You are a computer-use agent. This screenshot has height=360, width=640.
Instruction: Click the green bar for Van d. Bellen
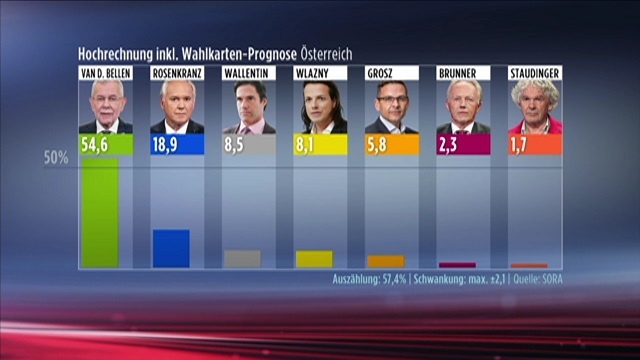tap(100, 213)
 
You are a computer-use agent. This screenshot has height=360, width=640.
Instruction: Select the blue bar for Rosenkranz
tap(171, 249)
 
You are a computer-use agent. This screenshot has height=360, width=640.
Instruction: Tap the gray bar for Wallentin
tap(242, 259)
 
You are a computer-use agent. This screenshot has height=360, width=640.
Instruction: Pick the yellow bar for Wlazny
tap(314, 259)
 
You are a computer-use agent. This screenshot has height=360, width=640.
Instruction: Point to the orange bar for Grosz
tap(386, 262)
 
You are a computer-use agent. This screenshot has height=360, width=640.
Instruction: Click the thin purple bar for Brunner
tap(458, 265)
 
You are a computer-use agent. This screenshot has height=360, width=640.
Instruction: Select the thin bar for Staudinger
tap(529, 266)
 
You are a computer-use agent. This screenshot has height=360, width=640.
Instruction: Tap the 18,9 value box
tap(177, 144)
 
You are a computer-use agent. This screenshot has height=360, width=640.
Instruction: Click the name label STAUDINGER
tap(535, 73)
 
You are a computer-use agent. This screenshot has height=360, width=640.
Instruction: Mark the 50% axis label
tap(56, 158)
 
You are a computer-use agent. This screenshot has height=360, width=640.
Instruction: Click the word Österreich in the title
tap(327, 54)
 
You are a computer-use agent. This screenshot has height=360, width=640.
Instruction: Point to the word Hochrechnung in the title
tap(116, 54)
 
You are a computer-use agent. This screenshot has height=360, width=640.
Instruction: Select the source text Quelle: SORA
tap(538, 279)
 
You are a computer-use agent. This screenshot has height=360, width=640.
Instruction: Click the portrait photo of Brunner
tap(463, 107)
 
